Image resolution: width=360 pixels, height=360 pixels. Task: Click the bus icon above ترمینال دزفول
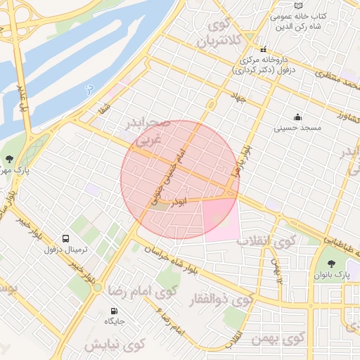tap(65, 239)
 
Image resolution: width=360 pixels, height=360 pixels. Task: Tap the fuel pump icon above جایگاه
tap(114, 311)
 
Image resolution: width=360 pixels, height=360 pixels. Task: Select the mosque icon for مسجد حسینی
tap(297, 117)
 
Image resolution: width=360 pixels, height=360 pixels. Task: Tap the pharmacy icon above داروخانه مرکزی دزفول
tap(264, 50)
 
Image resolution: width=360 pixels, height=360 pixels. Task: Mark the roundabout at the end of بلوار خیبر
tap(98, 288)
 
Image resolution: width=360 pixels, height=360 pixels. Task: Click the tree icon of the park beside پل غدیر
tap(9, 159)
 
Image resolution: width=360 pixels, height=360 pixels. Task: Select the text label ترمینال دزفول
tap(65, 250)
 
